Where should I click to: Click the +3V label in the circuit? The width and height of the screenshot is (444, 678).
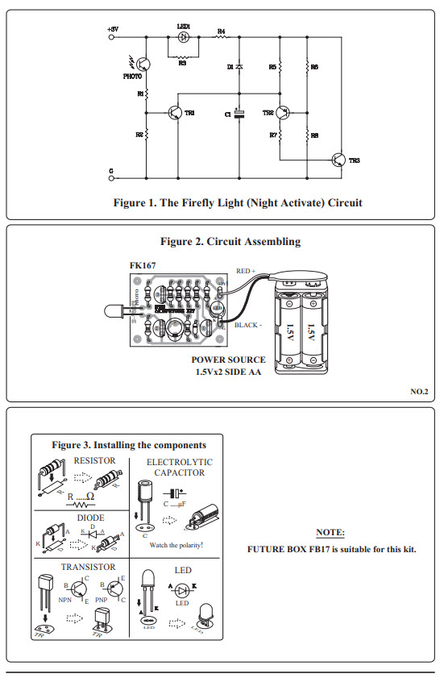112,28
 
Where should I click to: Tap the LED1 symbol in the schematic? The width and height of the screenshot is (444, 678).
184,37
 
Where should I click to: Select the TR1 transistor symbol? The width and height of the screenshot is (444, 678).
175,113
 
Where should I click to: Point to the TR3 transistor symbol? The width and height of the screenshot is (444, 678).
339,160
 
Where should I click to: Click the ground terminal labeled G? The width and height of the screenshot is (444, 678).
111,171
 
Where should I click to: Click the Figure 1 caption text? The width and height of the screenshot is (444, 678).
238,202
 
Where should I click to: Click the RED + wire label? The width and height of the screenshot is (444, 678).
246,272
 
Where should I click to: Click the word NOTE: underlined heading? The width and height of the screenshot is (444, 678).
330,534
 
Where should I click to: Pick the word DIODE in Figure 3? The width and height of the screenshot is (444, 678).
90,518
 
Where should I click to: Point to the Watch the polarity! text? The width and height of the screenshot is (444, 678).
176,546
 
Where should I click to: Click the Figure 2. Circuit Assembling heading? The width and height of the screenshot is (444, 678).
230,241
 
